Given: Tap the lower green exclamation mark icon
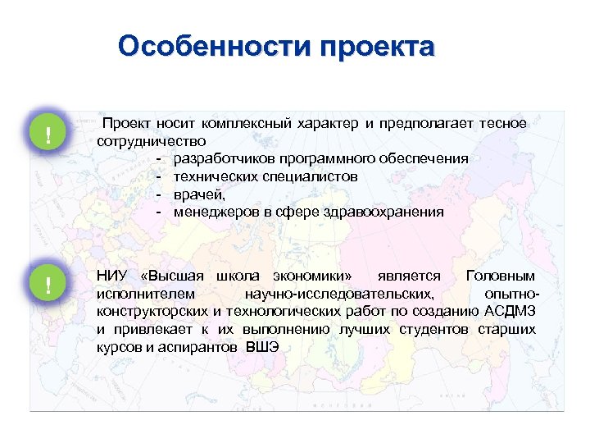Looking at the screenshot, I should [x=48, y=285].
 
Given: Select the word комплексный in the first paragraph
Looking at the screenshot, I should [x=238, y=123].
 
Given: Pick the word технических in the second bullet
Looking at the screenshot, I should [x=211, y=176].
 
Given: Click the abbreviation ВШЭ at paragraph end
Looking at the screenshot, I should [x=262, y=347].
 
